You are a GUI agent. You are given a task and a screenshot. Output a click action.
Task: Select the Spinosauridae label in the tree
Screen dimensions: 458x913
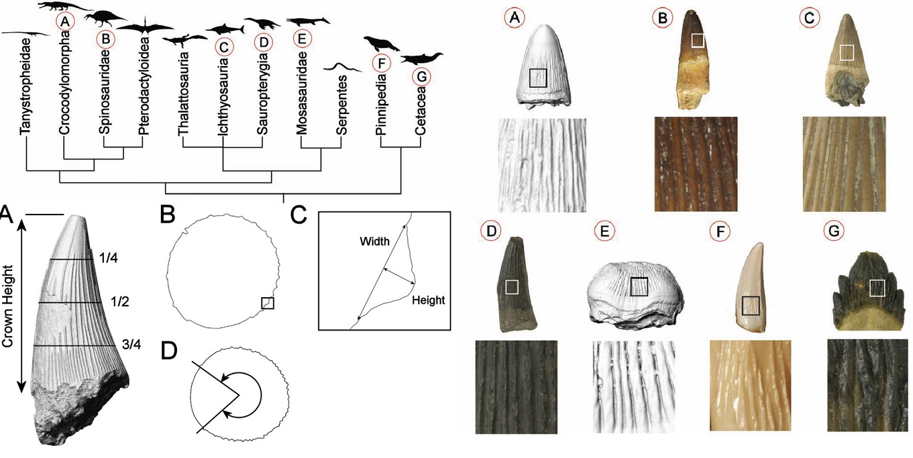(104, 92)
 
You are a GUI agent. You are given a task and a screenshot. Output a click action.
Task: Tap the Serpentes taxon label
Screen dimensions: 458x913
(341, 105)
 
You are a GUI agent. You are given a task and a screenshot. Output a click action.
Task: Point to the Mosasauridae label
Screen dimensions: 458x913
(302, 94)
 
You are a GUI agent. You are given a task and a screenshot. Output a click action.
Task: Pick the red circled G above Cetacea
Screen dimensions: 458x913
(422, 76)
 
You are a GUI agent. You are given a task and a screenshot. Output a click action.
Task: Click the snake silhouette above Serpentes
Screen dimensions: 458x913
(342, 67)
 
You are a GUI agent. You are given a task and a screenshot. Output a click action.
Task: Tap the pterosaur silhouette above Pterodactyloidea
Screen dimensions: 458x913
(145, 27)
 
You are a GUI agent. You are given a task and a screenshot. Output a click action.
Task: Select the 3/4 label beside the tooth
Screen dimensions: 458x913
(131, 344)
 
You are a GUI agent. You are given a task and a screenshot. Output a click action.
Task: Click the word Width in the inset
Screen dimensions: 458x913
(374, 241)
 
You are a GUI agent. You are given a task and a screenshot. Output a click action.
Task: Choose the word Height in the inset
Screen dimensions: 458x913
(428, 299)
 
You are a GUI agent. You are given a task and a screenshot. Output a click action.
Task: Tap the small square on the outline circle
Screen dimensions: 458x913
(268, 303)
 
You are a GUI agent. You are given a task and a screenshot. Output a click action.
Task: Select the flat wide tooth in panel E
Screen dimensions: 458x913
(634, 294)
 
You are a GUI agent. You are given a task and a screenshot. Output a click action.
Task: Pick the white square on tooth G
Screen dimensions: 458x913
(876, 287)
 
